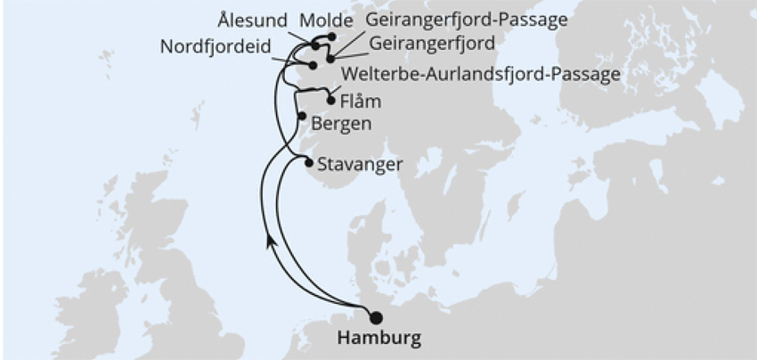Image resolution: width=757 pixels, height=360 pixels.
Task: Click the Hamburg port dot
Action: pyautogui.click(x=376, y=317)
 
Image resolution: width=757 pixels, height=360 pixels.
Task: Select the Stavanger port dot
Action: pyautogui.click(x=308, y=162)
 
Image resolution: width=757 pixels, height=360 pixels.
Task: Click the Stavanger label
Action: pyautogui.click(x=360, y=164)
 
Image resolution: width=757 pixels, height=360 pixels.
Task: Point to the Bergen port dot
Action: pyautogui.click(x=303, y=117)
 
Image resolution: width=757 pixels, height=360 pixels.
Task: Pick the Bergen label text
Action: pyautogui.click(x=343, y=123)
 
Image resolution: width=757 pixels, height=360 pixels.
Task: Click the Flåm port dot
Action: pyautogui.click(x=331, y=100)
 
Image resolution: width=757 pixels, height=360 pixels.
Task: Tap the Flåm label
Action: pyautogui.click(x=361, y=101)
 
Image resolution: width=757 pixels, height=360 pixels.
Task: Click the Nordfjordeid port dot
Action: pyautogui.click(x=313, y=65)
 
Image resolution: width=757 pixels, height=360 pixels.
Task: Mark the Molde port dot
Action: pyautogui.click(x=331, y=37)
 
